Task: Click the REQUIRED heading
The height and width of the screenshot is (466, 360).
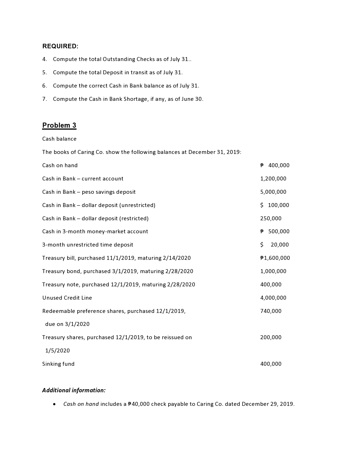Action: click(60, 46)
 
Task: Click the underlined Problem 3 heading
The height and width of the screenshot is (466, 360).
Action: click(59, 125)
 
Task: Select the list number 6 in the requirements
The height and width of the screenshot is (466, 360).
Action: click(44, 86)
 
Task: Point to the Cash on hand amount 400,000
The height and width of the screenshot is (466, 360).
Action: click(279, 166)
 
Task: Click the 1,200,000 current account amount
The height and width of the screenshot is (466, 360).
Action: click(273, 179)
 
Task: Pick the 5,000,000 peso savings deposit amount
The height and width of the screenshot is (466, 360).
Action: click(273, 192)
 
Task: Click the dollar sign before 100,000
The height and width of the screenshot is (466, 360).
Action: click(262, 205)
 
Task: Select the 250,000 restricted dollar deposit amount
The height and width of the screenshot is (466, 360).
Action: click(271, 219)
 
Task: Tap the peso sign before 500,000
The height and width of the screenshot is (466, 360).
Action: click(262, 232)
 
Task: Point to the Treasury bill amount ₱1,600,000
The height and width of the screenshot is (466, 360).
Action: click(275, 258)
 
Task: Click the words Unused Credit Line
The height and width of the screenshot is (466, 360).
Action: click(67, 298)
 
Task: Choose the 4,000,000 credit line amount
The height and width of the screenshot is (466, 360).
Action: click(273, 298)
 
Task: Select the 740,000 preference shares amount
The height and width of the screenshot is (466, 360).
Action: click(271, 311)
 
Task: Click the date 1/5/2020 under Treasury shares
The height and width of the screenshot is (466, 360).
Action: click(58, 351)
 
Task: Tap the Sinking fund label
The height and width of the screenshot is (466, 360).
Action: click(58, 364)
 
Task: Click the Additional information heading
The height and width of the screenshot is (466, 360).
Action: click(74, 390)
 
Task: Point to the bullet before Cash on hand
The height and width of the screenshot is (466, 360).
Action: click(54, 404)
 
